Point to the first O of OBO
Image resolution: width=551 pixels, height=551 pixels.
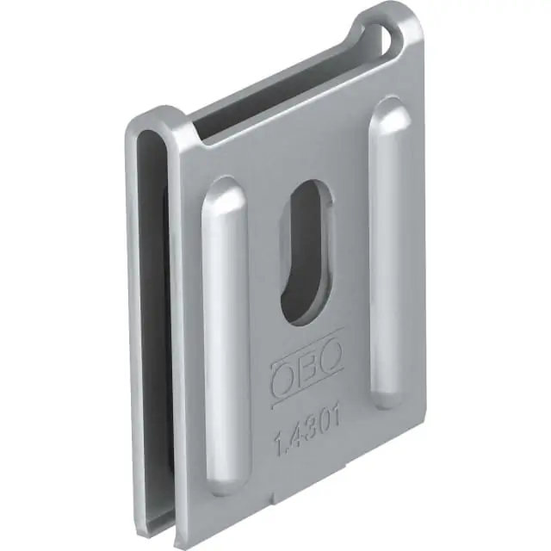click(x=282, y=379)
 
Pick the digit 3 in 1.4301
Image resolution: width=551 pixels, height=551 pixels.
click(x=309, y=430)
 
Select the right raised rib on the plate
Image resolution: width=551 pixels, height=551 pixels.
click(x=390, y=253)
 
